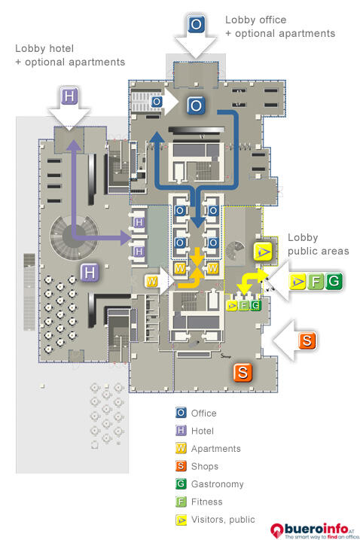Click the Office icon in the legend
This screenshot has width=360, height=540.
(181, 413)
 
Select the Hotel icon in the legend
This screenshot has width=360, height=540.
(181, 431)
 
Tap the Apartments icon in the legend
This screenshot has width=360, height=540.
(181, 448)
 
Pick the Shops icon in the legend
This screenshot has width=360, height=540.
(181, 466)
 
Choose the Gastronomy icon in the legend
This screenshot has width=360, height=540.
(181, 484)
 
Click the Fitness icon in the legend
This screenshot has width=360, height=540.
(181, 502)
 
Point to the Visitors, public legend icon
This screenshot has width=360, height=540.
(181, 520)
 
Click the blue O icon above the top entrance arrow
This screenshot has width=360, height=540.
(196, 24)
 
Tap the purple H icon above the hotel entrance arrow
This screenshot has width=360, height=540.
(69, 96)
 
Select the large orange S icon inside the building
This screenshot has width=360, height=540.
(243, 372)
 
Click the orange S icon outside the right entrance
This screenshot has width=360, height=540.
(307, 340)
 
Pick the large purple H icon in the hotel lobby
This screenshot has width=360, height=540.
(90, 273)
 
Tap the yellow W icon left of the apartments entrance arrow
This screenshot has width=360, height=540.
(151, 282)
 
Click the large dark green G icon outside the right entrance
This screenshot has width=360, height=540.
(334, 281)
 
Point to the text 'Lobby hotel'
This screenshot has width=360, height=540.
(44, 48)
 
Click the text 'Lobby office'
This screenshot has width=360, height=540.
(255, 20)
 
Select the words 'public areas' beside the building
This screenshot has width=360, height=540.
(319, 251)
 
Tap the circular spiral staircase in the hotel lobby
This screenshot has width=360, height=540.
(73, 237)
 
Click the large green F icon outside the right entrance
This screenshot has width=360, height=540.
(316, 282)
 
